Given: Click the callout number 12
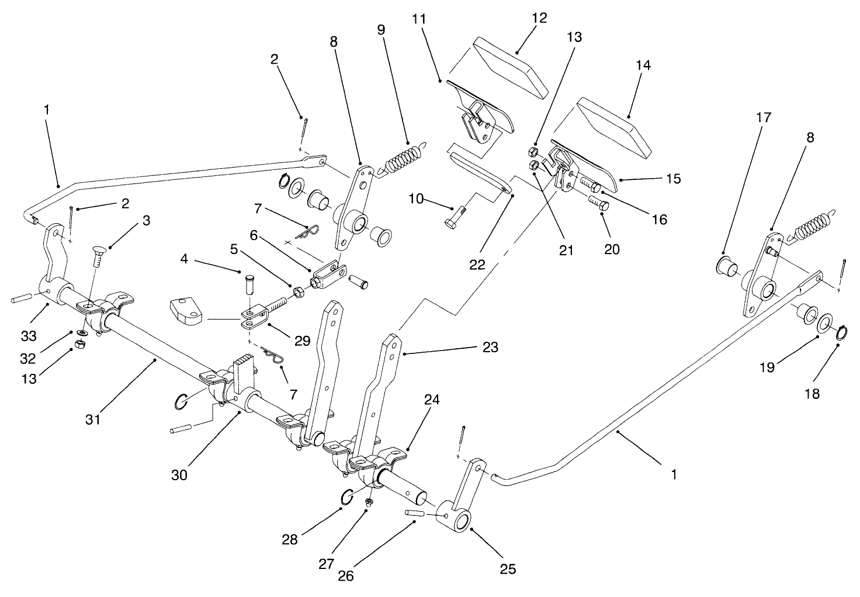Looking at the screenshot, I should pos(539,18).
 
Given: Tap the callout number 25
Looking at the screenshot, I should pos(508,568).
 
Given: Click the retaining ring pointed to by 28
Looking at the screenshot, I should pos(346,497).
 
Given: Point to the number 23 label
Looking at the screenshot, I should pos(490,348).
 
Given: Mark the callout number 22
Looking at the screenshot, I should pos(477,264).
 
